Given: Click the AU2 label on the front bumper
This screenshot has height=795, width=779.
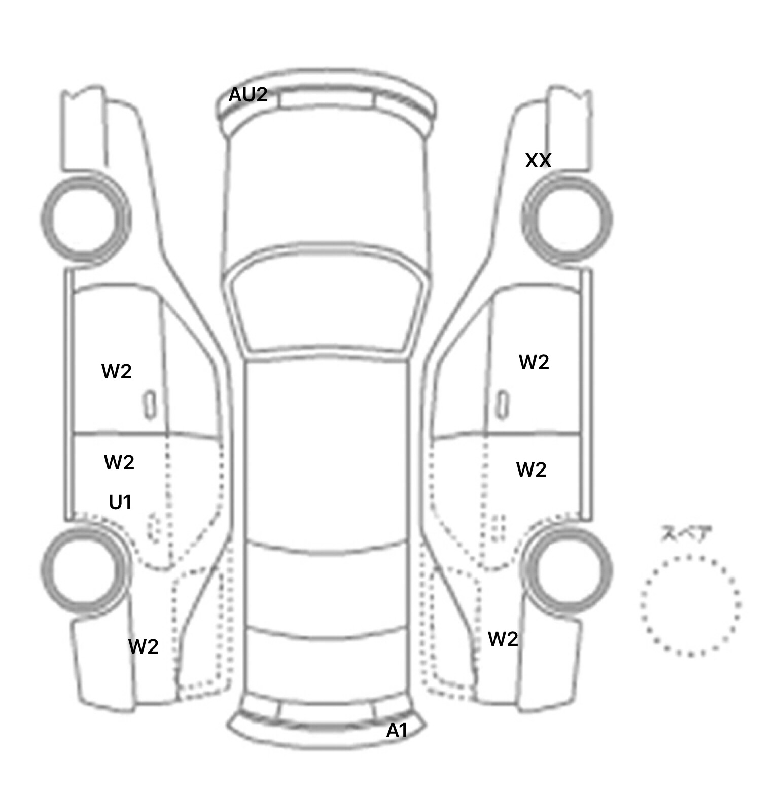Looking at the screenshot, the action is (248, 95).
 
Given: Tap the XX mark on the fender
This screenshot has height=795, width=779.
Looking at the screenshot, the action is (538, 160).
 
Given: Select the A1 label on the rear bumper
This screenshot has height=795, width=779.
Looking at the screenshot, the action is (397, 731).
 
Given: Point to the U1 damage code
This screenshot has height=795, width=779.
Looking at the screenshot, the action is (121, 502).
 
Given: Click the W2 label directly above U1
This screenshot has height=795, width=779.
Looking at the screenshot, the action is (119, 462).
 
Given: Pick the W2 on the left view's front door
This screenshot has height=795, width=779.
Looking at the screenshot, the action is (117, 371).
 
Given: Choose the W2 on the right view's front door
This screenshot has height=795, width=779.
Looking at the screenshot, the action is (534, 362).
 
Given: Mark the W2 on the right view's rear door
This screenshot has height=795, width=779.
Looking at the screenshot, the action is (532, 470).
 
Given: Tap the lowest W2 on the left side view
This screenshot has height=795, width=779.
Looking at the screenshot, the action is (144, 646).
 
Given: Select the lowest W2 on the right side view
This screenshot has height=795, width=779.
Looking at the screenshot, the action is (503, 639).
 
